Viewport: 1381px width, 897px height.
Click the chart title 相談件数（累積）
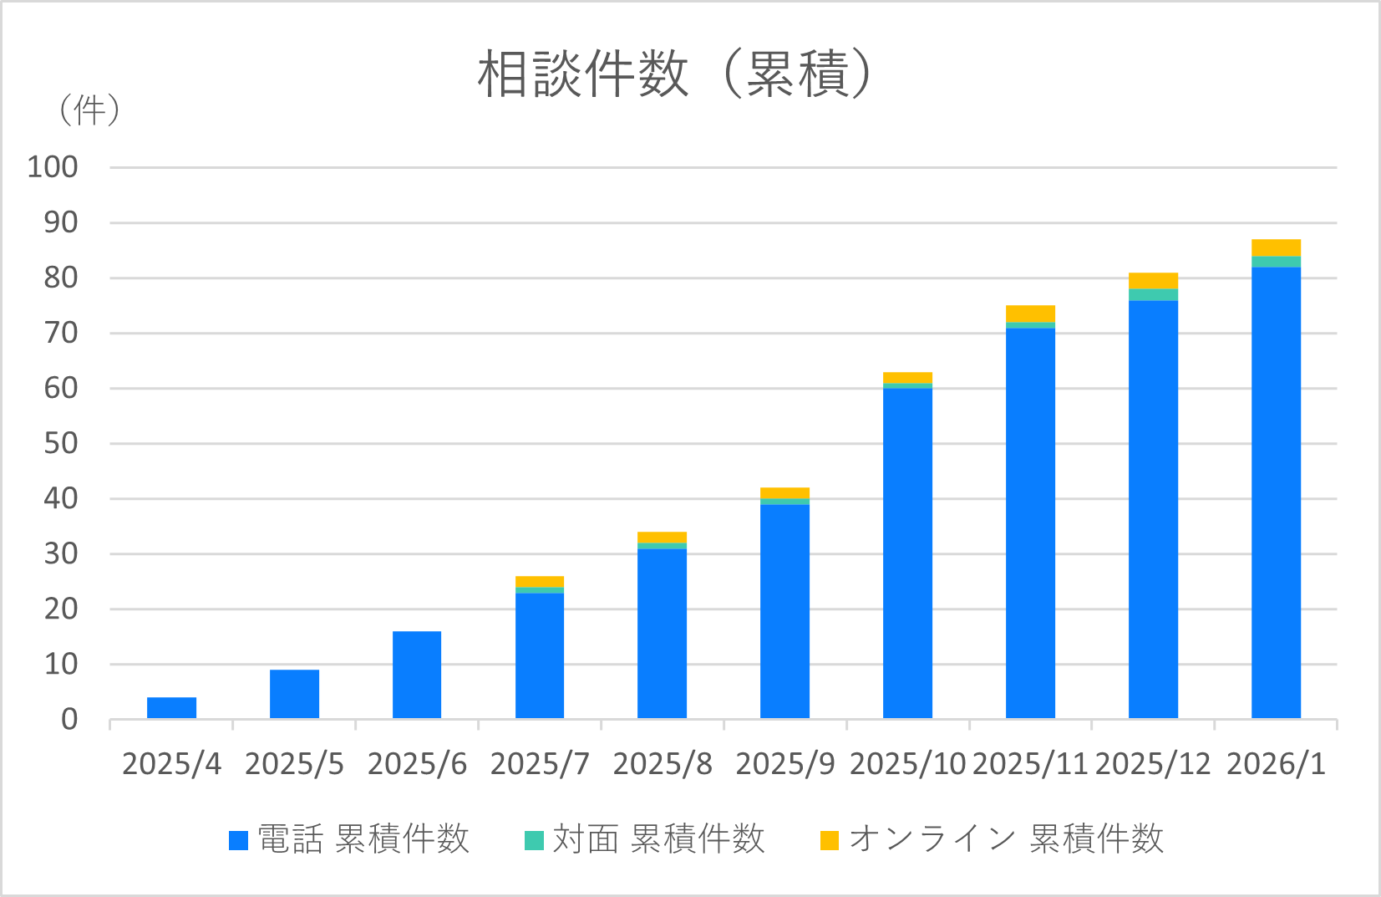tap(675, 74)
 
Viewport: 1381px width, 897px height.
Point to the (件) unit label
tap(89, 110)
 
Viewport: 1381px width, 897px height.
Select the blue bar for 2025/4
tap(171, 707)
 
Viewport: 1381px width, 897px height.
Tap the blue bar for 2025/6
tap(417, 675)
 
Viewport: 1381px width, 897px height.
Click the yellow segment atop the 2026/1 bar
tap(1276, 247)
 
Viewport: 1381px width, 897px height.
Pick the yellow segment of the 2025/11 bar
tap(1030, 313)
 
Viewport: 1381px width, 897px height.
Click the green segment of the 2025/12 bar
tap(1153, 294)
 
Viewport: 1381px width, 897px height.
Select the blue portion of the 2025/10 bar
tap(907, 552)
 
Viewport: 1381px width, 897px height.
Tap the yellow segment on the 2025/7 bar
tap(540, 581)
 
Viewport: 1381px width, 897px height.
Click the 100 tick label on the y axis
tap(53, 167)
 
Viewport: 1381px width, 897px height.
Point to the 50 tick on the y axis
tap(60, 443)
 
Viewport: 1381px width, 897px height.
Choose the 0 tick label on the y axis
tap(69, 719)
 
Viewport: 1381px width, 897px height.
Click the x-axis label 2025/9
tap(784, 764)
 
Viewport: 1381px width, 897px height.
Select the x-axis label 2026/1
tap(1276, 764)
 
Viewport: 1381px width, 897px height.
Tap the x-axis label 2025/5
tap(294, 764)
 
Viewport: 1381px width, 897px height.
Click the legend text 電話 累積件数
tap(363, 839)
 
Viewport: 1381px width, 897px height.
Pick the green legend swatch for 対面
tap(534, 840)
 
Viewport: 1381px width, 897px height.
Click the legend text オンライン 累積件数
tap(1006, 839)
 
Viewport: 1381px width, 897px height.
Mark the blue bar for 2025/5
tap(294, 694)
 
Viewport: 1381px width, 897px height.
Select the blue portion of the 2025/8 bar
tap(662, 633)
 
